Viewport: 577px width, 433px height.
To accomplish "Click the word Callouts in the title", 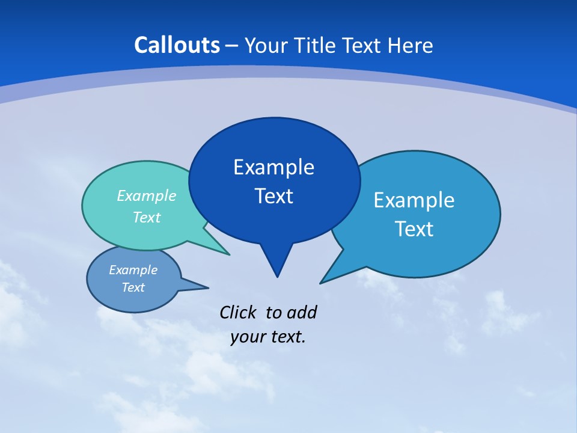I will [x=177, y=45].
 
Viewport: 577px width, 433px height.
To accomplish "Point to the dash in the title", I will [x=232, y=46].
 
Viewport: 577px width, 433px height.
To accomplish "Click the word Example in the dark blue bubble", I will [x=273, y=167].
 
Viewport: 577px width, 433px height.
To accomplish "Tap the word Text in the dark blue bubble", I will [x=273, y=196].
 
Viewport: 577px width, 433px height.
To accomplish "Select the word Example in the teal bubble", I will [x=146, y=196].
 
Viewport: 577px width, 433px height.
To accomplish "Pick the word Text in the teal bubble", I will [x=146, y=217].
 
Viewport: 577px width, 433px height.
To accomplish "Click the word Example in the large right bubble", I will [x=414, y=200].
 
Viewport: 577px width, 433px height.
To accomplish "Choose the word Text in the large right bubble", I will [x=414, y=229].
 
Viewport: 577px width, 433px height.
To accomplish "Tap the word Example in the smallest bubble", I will [x=133, y=270].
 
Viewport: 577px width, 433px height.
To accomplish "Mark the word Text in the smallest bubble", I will [x=133, y=287].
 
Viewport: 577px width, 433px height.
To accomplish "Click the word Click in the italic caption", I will [x=238, y=312].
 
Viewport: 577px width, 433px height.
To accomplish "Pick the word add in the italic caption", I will [x=302, y=312].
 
